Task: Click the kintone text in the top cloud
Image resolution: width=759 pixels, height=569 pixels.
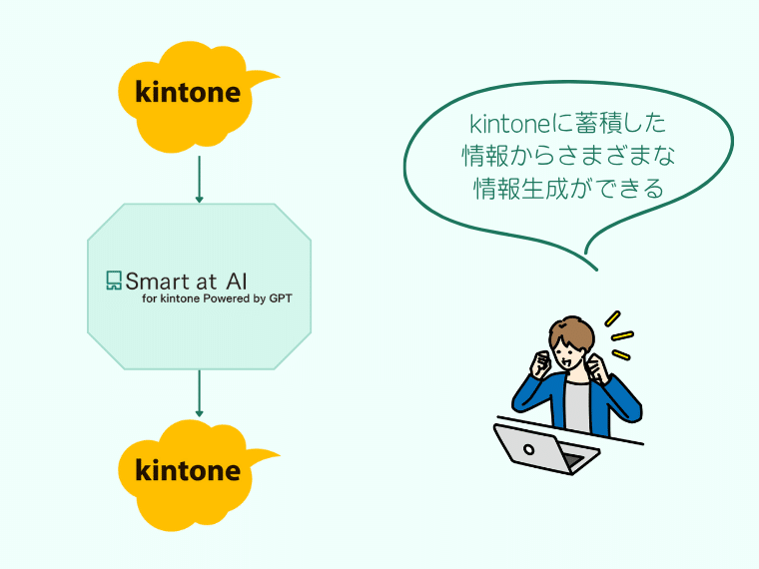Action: click(x=188, y=92)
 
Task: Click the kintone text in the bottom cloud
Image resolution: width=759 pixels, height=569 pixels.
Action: click(x=188, y=470)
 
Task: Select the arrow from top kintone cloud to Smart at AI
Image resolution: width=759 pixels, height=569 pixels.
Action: click(x=199, y=179)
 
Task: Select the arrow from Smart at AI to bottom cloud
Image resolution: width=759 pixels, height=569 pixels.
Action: click(x=199, y=393)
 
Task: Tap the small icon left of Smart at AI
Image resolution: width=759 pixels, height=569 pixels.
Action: click(x=114, y=281)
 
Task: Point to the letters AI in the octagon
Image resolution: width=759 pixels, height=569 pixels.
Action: click(x=237, y=282)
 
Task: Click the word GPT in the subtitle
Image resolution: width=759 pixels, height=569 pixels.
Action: click(x=281, y=298)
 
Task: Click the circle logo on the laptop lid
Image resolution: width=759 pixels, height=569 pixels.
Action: click(x=529, y=450)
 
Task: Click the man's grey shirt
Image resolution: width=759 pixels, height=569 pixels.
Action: click(x=577, y=407)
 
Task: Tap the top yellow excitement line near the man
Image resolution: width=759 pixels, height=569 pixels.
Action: click(x=613, y=318)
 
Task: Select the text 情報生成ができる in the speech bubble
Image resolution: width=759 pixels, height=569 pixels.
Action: click(x=568, y=189)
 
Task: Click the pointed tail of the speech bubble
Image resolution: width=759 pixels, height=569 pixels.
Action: click(x=596, y=269)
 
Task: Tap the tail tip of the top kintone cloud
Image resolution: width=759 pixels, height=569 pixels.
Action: click(x=280, y=76)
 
